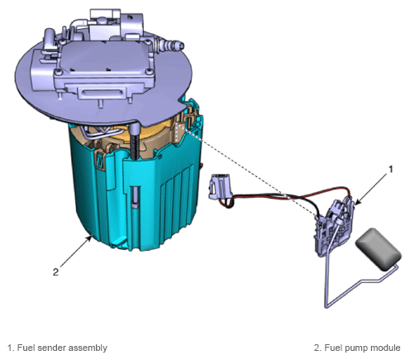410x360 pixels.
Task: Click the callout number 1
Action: [x=390, y=169]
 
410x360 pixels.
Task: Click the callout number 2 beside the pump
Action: [x=55, y=272]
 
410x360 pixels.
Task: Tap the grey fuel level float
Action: [x=379, y=249]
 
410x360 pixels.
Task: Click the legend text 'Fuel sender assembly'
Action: [x=62, y=348]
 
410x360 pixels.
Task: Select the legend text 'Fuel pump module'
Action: [x=362, y=348]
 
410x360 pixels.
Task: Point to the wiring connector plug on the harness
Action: [x=220, y=186]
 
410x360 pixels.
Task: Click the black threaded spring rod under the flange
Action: [x=135, y=141]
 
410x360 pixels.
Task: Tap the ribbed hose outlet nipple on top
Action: [x=171, y=45]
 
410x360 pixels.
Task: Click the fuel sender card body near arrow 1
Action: [x=335, y=227]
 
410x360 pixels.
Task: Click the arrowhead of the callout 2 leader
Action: [x=89, y=238]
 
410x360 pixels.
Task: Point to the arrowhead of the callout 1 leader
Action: [x=357, y=203]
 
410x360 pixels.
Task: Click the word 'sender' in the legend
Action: [x=51, y=348]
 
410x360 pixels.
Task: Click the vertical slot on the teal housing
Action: [x=136, y=197]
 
